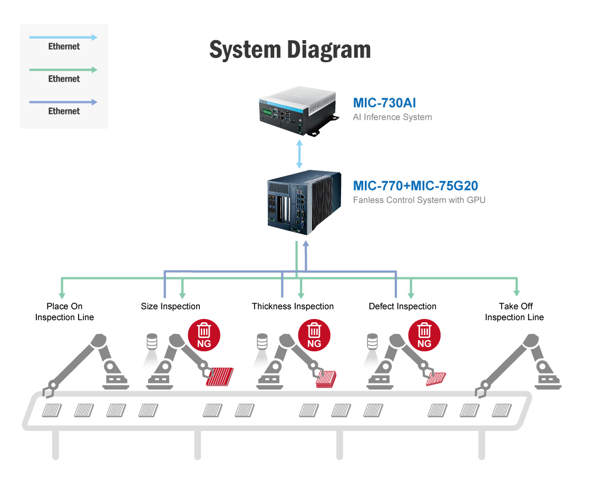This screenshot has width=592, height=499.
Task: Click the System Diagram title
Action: (x=290, y=50)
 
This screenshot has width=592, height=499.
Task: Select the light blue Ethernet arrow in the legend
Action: (x=63, y=37)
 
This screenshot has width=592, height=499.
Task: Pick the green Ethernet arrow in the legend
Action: (x=63, y=70)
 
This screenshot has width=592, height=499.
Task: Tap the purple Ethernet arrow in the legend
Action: (x=63, y=102)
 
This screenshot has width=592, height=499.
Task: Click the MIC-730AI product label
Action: (x=384, y=103)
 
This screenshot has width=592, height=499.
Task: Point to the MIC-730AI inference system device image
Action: (x=298, y=111)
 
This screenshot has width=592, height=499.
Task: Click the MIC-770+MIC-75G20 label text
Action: (x=415, y=186)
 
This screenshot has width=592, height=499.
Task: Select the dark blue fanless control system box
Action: (x=304, y=203)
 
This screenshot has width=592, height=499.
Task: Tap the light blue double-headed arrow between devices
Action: (x=299, y=154)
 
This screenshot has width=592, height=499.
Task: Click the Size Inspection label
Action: (x=171, y=306)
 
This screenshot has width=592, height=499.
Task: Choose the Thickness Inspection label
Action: (x=293, y=306)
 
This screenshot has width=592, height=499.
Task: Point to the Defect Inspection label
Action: (x=402, y=306)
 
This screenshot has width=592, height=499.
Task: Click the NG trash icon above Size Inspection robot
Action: (x=204, y=335)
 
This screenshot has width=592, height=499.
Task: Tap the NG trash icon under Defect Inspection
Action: (x=424, y=335)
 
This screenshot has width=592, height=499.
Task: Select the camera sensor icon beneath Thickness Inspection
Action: (x=262, y=341)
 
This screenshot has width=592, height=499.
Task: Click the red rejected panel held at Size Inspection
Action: (x=220, y=377)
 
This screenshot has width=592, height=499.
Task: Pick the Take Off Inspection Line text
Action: (x=515, y=312)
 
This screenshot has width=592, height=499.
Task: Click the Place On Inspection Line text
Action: (x=64, y=312)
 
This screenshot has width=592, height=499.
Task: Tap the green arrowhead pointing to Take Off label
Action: (x=517, y=293)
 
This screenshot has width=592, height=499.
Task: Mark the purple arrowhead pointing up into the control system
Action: (x=306, y=244)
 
